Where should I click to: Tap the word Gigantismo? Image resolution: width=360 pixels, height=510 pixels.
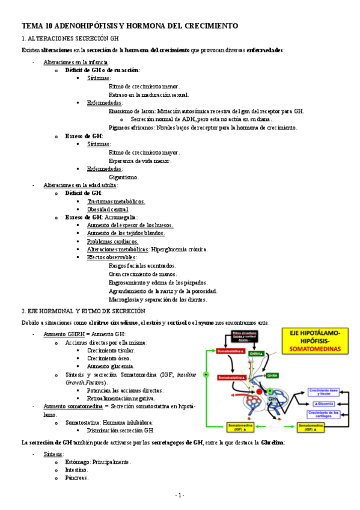click(123, 177)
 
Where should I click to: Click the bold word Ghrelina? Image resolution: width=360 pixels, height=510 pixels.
click(272, 443)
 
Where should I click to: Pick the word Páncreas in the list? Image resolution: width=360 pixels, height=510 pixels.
click(76, 478)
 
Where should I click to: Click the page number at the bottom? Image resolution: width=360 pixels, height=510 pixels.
click(180, 495)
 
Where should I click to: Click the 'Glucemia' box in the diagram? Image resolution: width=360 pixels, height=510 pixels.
click(325, 402)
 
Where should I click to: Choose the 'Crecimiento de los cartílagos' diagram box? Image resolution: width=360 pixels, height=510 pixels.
click(325, 414)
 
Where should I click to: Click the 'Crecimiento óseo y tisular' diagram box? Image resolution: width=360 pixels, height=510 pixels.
click(325, 392)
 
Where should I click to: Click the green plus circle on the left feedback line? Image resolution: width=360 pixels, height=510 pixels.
click(206, 374)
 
